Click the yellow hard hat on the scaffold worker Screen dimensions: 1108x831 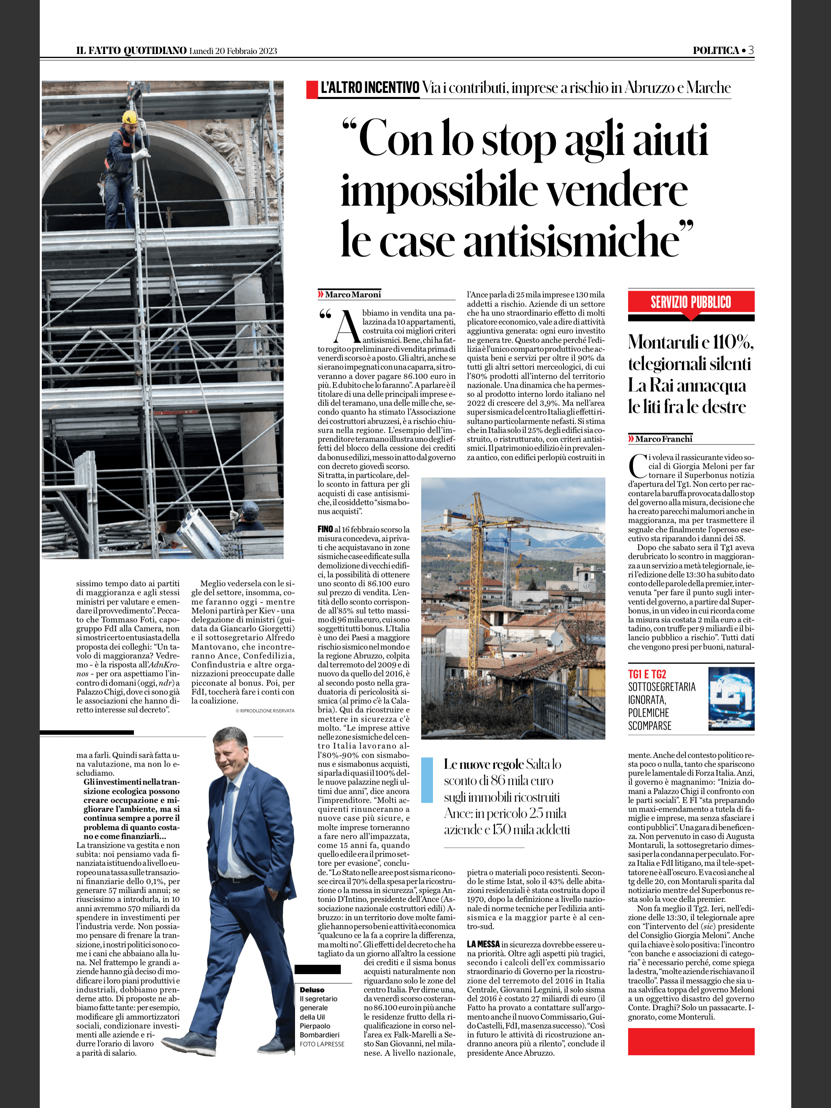tap(129, 118)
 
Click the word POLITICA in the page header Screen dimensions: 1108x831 tap(716, 51)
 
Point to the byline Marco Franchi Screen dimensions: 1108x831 tap(663, 439)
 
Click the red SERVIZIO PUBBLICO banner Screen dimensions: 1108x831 tap(691, 303)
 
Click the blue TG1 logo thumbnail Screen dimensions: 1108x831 tap(731, 698)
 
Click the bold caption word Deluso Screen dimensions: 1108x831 tap(312, 990)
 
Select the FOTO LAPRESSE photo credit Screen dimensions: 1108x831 tap(322, 1044)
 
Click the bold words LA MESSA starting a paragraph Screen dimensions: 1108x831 tap(483, 944)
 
